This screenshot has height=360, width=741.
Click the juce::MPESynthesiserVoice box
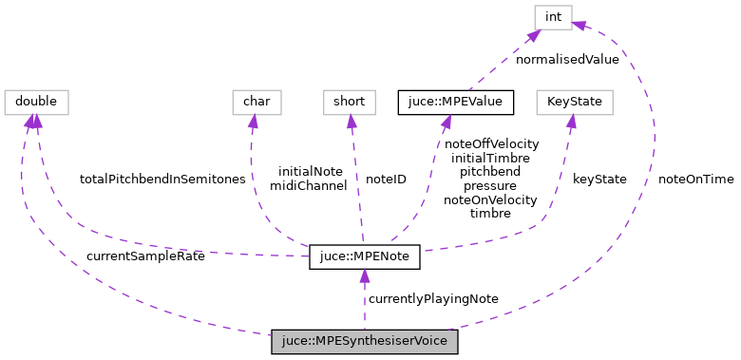(365, 342)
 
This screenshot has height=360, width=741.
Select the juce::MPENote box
(364, 257)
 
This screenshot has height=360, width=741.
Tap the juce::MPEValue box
(456, 101)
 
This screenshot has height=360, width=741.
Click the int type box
(551, 16)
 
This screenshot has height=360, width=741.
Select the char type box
(252, 101)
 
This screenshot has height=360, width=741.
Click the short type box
(351, 101)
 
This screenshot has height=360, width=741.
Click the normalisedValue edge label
(567, 59)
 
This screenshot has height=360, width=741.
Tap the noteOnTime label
(695, 179)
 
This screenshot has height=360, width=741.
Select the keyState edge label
(598, 179)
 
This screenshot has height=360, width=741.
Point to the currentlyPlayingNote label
(433, 298)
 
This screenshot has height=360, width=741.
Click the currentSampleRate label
(144, 256)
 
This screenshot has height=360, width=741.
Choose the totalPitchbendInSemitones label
(162, 179)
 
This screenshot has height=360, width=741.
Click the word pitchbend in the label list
(490, 172)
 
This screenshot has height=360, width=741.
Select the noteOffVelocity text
(491, 143)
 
